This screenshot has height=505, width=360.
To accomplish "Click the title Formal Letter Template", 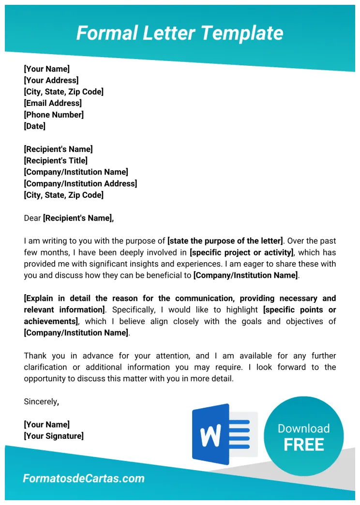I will [180, 33].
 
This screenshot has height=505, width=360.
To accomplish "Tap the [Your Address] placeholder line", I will [51, 80].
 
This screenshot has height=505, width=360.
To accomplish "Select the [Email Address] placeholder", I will [53, 103].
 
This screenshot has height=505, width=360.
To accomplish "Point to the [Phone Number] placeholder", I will [54, 115].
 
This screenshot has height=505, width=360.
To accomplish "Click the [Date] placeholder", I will [34, 126].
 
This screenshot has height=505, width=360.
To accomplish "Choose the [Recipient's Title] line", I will [56, 161].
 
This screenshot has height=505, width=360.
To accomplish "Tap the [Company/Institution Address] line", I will [80, 184].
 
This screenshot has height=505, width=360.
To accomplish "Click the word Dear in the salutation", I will [32, 218].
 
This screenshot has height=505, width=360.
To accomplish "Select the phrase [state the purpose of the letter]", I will [225, 241].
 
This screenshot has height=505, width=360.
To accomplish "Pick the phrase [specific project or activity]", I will [242, 252].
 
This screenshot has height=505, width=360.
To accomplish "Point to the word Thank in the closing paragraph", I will [35, 356].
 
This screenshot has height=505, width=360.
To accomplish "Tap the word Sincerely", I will [41, 401].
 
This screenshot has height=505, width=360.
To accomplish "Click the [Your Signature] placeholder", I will [54, 436].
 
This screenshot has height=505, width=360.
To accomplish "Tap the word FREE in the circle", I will [304, 445].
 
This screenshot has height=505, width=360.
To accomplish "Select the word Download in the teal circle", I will [304, 429].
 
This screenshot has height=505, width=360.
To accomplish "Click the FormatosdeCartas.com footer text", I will [84, 479].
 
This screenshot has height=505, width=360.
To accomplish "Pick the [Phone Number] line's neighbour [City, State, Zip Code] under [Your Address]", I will [63, 92].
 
